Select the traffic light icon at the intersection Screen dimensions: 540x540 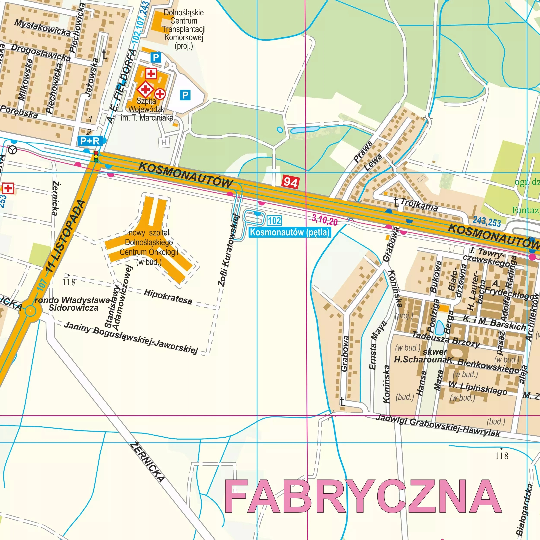pyautogui.click(x=96, y=157)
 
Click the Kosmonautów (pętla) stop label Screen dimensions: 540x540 pyautogui.click(x=290, y=232)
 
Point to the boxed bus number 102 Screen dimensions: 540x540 pyautogui.click(x=274, y=221)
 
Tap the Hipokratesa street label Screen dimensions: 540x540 pyautogui.click(x=168, y=297)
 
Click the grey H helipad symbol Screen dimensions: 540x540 pyautogui.click(x=164, y=143)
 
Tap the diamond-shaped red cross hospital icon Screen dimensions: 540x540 pyautogui.click(x=145, y=89)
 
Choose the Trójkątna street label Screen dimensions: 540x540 pyautogui.click(x=419, y=205)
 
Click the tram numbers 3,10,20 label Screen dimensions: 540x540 pyautogui.click(x=325, y=220)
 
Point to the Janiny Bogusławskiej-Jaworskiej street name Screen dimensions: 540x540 pyautogui.click(x=131, y=338)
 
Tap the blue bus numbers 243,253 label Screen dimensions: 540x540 pyautogui.click(x=487, y=221)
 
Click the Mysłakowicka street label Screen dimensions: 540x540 pyautogui.click(x=43, y=27)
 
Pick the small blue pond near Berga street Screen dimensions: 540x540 pyautogui.click(x=439, y=327)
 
